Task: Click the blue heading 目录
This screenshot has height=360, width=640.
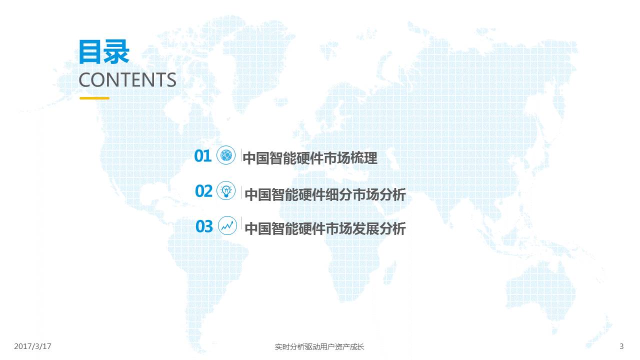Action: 104,51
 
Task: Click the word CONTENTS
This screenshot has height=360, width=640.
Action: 127,79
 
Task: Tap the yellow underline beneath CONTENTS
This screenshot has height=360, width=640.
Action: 94,98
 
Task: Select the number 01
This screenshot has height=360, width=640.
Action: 203,156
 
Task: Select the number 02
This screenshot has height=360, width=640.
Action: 203,191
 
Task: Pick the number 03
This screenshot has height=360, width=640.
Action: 204,226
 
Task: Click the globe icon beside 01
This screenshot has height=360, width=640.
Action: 226,155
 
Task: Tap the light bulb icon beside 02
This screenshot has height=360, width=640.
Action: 226,190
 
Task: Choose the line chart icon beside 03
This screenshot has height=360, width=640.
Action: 227,225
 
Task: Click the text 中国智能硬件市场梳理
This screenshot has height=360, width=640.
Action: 310,158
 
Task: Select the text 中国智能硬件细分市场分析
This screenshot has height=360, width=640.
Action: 325,194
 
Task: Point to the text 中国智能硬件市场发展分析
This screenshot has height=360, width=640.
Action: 325,228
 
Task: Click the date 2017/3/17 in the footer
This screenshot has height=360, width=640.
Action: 32,346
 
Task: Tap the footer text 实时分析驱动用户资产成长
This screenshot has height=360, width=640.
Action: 319,347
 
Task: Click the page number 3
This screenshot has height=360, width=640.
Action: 621,346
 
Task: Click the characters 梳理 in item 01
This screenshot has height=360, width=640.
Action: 364,158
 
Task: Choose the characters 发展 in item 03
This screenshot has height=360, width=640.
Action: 365,228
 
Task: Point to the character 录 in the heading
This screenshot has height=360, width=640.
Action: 117,51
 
